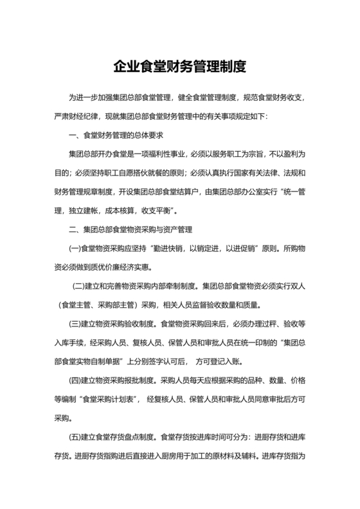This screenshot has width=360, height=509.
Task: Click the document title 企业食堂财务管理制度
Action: [x=179, y=66]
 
